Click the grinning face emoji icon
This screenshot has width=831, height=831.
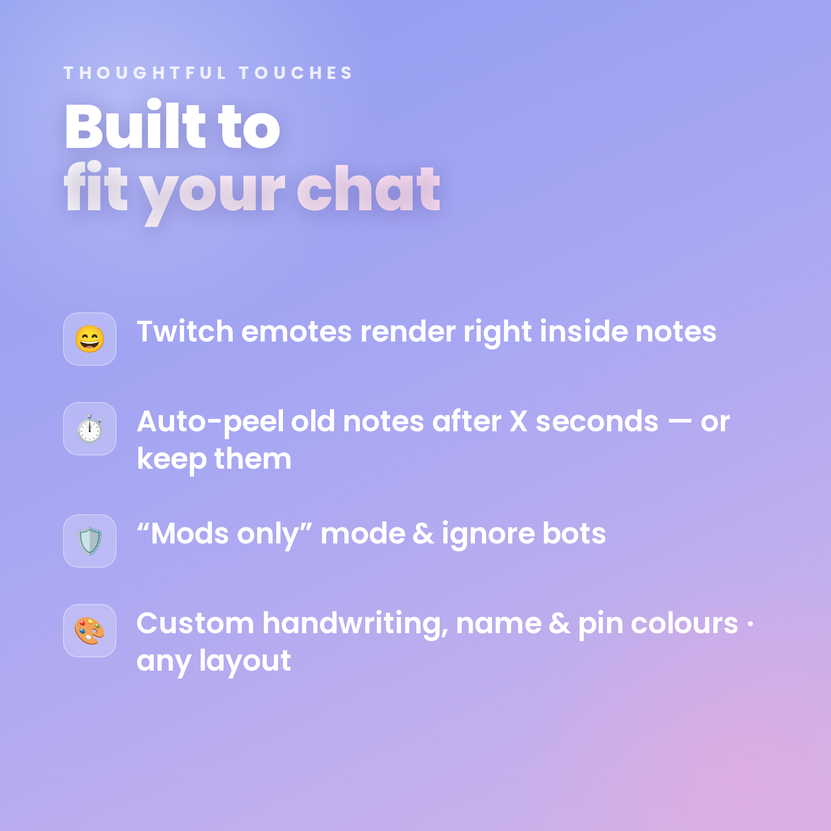pos(89,339)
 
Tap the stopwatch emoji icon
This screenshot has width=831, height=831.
pos(89,429)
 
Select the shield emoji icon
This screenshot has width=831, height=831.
pos(89,541)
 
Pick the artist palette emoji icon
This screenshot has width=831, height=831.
pos(89,631)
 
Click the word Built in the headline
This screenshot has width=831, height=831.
pos(135,125)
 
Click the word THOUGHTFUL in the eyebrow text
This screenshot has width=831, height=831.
pos(145,73)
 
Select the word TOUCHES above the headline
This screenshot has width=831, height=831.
pos(296,73)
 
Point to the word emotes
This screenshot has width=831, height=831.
pos(296,332)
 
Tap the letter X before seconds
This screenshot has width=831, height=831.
pos(518,421)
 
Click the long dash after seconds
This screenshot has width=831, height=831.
pos(679,423)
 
